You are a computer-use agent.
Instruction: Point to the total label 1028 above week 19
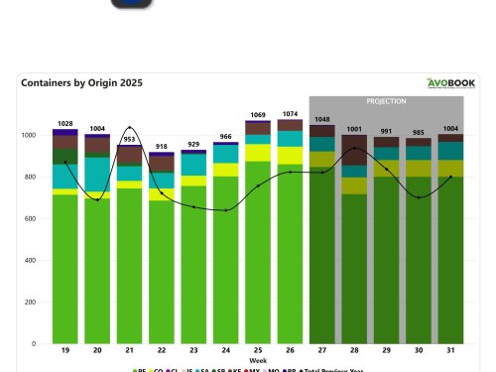pyautogui.click(x=64, y=122)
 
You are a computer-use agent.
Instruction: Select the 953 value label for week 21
pyautogui.click(x=129, y=140)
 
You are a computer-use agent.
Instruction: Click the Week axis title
pyautogui.click(x=257, y=361)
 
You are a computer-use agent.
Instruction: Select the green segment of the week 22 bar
pyautogui.click(x=161, y=273)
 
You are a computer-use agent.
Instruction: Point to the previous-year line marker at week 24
pyautogui.click(x=226, y=210)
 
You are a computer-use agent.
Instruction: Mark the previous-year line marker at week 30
pyautogui.click(x=419, y=197)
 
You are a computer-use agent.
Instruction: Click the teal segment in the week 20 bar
pyautogui.click(x=97, y=174)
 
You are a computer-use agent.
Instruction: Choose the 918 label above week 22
pyautogui.click(x=161, y=147)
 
